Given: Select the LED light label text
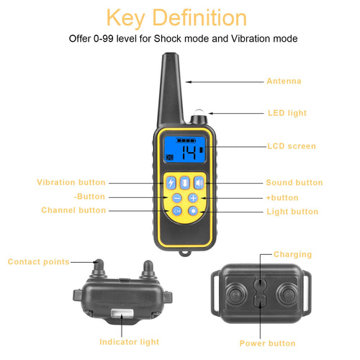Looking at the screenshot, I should click(287, 113).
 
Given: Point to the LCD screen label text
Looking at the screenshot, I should click(291, 146).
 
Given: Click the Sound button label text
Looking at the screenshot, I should click(294, 183).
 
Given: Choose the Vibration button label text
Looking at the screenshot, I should click(71, 183).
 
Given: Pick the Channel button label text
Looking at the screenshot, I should click(73, 210).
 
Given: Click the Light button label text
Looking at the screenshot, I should click(292, 212).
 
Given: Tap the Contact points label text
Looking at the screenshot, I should click(39, 261).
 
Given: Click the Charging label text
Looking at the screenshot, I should click(292, 254).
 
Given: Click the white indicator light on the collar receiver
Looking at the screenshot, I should click(120, 312).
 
